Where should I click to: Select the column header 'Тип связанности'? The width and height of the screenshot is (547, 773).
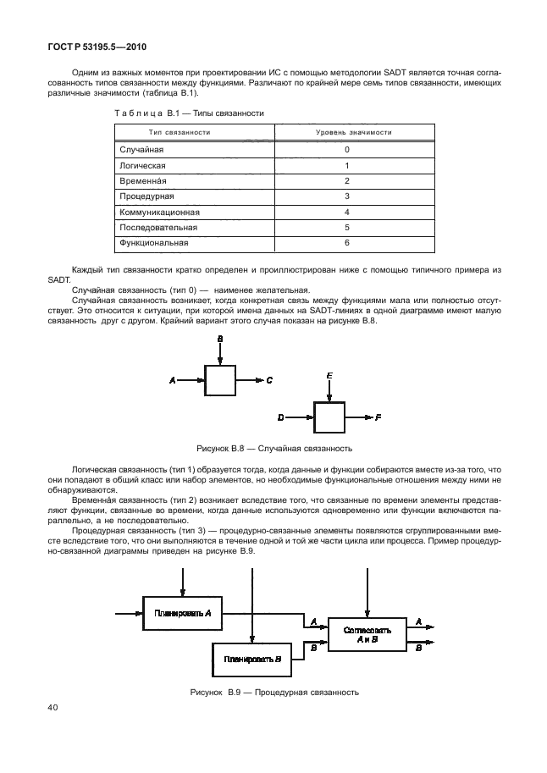tap(180, 132)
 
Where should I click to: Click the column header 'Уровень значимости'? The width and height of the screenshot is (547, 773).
tap(347, 132)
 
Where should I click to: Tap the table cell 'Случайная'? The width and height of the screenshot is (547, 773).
tap(141, 149)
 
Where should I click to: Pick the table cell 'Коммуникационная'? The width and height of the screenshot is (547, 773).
tap(160, 212)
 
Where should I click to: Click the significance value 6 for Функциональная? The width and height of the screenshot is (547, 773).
tap(347, 243)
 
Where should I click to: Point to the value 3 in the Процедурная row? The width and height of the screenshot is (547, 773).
tap(347, 196)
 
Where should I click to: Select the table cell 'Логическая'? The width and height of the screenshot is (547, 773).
tap(142, 165)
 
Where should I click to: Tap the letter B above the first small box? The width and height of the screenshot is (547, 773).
tap(219, 339)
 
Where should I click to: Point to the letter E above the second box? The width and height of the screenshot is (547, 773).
tap(329, 373)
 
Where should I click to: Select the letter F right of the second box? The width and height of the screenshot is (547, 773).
tap(378, 417)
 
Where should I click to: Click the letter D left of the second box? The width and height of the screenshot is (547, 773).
tap(281, 417)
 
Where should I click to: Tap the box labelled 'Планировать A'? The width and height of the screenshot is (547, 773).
tap(183, 612)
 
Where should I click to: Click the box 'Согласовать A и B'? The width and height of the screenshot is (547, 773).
tap(367, 635)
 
